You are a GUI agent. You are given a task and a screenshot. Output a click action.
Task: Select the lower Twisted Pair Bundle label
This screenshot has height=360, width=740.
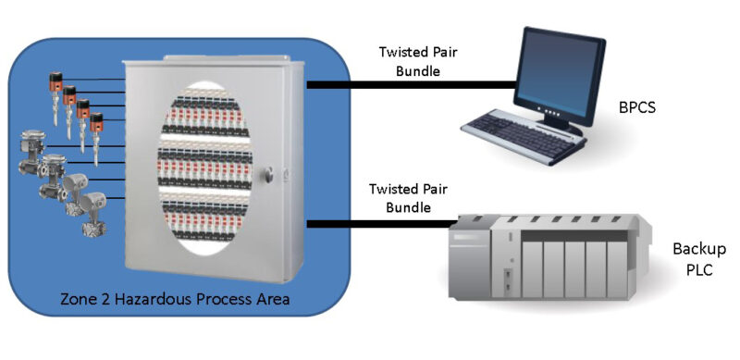pyautogui.click(x=409, y=197)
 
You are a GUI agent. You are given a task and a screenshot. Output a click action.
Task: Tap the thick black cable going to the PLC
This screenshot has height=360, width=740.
pyautogui.click(x=388, y=223)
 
